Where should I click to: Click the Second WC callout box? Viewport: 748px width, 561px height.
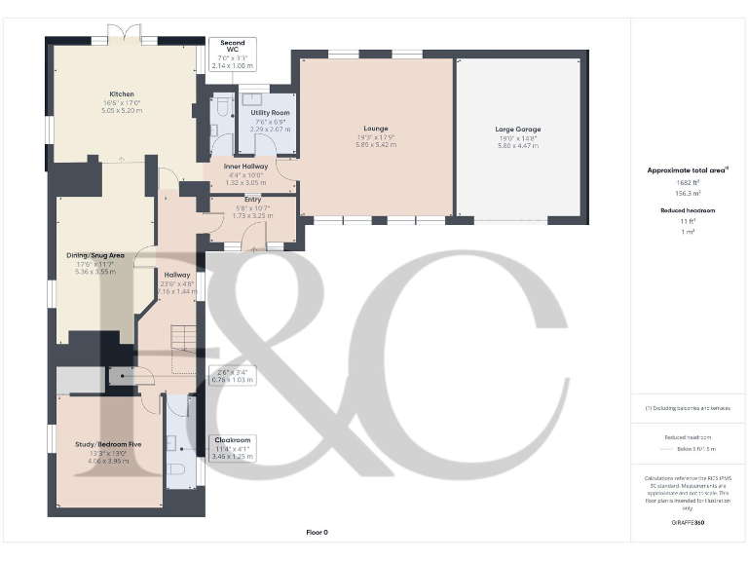click(x=232, y=54)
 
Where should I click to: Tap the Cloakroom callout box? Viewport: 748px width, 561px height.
click(x=232, y=447)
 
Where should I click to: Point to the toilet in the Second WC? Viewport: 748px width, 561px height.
click(x=221, y=104)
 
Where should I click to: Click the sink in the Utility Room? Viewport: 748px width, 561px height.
click(x=256, y=97)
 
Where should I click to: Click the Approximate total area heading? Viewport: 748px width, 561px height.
click(x=688, y=169)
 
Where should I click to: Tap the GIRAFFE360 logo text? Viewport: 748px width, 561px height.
click(x=688, y=523)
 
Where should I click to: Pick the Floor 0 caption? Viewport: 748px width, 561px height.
click(x=318, y=532)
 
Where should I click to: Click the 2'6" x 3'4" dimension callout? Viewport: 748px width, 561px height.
click(x=232, y=375)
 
